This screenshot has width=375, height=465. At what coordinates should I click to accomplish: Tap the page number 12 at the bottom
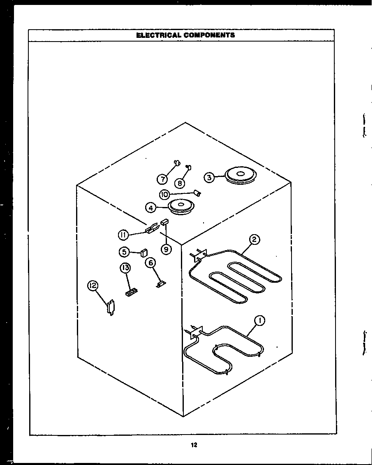click(194, 444)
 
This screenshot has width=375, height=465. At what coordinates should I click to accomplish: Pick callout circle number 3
click(209, 177)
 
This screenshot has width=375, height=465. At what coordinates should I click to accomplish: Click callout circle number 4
click(151, 208)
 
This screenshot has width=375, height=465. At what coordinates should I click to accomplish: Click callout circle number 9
click(166, 249)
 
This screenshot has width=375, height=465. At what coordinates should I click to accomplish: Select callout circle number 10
click(164, 194)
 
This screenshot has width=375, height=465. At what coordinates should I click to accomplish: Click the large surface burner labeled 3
click(241, 174)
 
